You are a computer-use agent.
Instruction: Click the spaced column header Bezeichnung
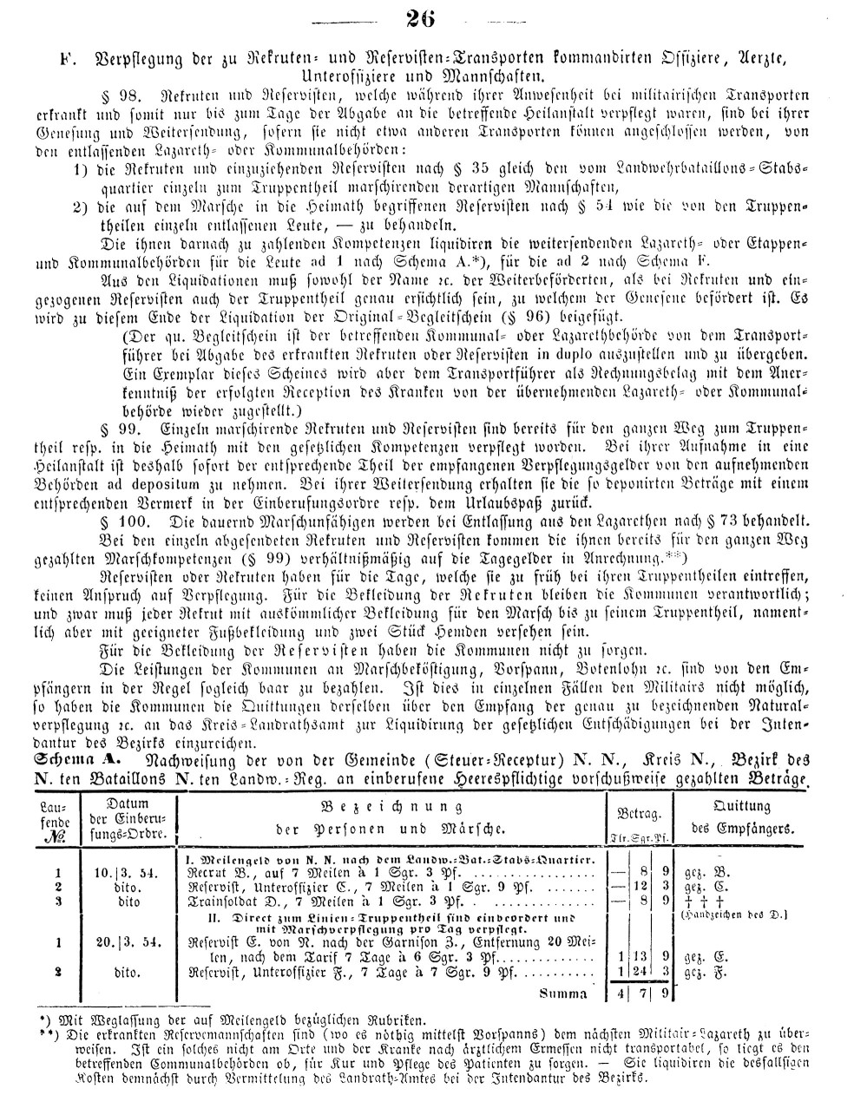(x=386, y=804)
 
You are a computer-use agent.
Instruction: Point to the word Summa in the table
(x=562, y=993)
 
